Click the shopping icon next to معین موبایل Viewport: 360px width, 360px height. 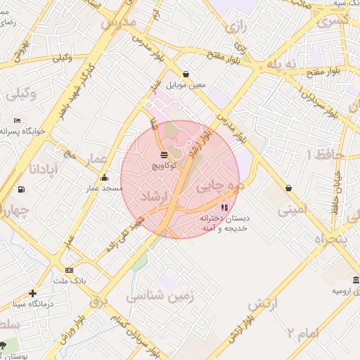186,74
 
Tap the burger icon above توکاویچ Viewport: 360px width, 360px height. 164,153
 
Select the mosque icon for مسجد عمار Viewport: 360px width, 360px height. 105,177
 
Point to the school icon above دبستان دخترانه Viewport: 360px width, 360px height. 224,207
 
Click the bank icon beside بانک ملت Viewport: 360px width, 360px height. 69,270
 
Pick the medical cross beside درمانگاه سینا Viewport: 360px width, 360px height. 32,293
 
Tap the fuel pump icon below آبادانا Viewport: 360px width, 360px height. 21,189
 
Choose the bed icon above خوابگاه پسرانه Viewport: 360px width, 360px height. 17,120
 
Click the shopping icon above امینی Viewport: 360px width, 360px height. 289,188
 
